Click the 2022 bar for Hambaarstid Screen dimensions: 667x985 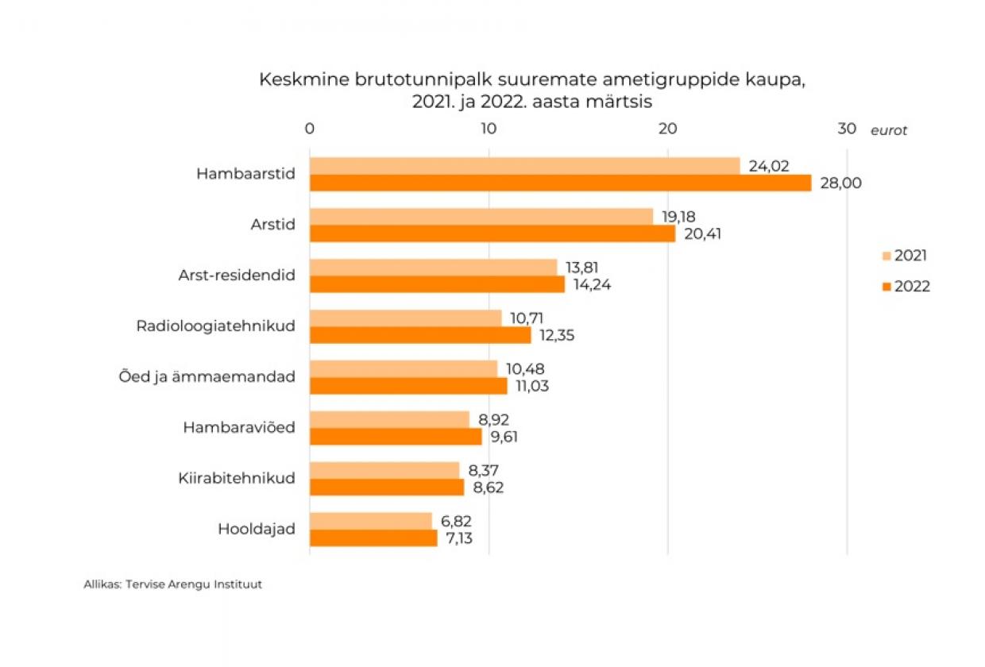pos(560,183)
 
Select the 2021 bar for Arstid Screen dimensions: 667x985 pos(481,216)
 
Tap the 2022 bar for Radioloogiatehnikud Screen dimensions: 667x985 pos(420,335)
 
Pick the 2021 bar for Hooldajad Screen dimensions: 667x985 pos(370,521)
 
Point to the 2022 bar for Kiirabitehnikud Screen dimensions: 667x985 pos(386,487)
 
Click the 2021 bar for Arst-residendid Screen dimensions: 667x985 pos(433,267)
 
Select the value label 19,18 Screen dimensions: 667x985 pos(678,216)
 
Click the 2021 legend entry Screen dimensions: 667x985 pos(905,256)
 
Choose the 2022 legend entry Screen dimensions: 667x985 pos(906,287)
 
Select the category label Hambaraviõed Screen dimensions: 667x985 pos(239,428)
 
